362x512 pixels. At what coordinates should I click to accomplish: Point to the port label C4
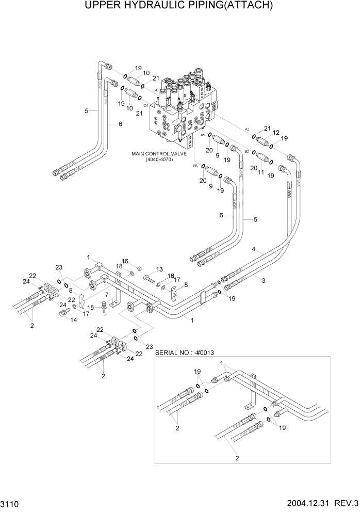pyautogui.click(x=146, y=105)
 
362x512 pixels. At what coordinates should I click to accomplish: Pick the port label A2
pyautogui.click(x=247, y=129)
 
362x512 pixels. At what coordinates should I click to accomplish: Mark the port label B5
pyautogui.click(x=195, y=166)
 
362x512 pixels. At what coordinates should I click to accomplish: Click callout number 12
pyautogui.click(x=276, y=133)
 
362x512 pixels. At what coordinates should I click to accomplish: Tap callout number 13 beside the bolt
pyautogui.click(x=159, y=269)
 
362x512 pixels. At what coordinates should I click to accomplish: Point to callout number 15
pyautogui.click(x=91, y=308)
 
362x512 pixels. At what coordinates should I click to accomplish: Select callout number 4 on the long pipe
pyautogui.click(x=253, y=249)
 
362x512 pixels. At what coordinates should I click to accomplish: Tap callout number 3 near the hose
pyautogui.click(x=264, y=280)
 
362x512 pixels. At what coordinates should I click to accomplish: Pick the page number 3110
pyautogui.click(x=10, y=502)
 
